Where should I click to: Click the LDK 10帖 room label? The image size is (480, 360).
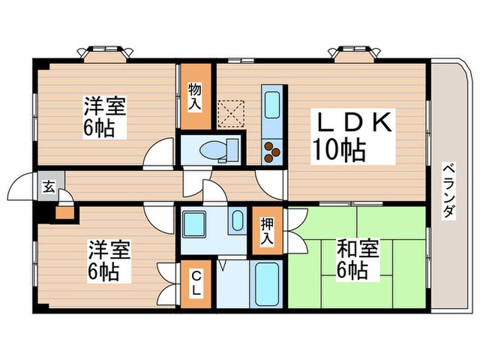354,136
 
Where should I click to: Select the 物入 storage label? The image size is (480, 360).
194,95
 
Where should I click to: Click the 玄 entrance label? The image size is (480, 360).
49,186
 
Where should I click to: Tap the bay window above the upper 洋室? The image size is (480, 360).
106,53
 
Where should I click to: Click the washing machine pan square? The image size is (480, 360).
197,222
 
